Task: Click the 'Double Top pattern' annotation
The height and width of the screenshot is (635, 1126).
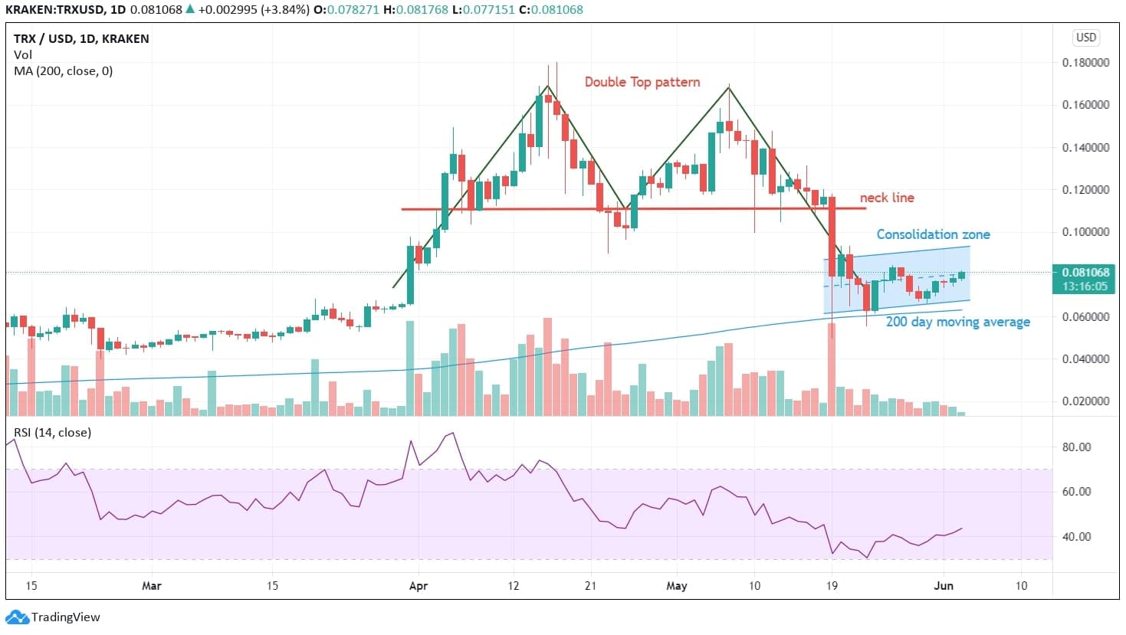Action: (642, 82)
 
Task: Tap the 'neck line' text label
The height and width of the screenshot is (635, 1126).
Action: (886, 198)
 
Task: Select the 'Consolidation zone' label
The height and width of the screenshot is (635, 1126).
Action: (933, 234)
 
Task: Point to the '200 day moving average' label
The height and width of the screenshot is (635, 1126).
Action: (957, 322)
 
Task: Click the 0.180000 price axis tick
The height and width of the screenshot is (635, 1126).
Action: (1085, 63)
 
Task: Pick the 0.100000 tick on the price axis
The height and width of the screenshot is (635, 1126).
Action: (1085, 232)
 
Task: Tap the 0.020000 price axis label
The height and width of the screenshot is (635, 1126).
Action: (1085, 401)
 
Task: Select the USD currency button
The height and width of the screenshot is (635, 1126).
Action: (1086, 38)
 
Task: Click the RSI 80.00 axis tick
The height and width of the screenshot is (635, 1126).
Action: (1076, 447)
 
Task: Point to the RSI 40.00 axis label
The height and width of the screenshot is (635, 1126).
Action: (1076, 537)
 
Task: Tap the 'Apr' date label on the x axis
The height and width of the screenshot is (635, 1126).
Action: (419, 586)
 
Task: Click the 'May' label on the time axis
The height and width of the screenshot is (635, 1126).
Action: (677, 586)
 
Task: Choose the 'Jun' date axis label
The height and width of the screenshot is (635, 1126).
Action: (944, 586)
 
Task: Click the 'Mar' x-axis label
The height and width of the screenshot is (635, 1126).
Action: (152, 586)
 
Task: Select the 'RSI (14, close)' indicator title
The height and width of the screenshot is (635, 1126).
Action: (52, 433)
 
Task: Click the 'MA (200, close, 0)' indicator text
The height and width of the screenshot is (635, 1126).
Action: (63, 71)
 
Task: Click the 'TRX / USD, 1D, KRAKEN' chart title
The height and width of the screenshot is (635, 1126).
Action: (81, 39)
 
